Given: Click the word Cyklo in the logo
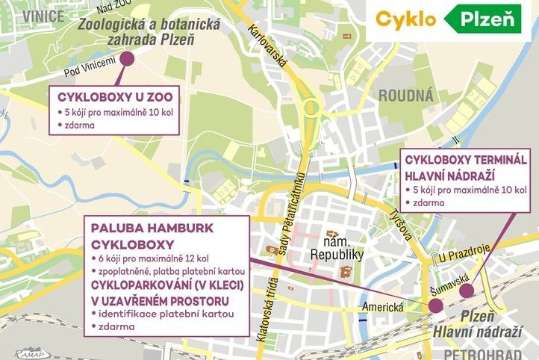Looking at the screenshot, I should (x=405, y=19).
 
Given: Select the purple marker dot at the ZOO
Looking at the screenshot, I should (x=126, y=58).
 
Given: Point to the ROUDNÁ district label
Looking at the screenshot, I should (x=405, y=95).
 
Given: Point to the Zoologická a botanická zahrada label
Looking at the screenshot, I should (x=150, y=32).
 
